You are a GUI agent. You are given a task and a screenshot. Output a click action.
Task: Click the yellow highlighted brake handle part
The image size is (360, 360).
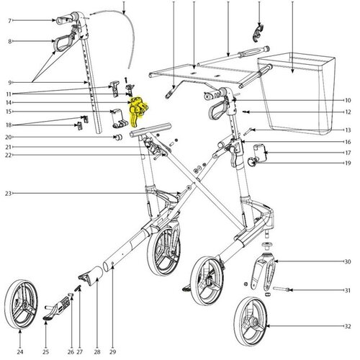137,109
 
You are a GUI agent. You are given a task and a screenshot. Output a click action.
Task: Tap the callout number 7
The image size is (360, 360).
9,21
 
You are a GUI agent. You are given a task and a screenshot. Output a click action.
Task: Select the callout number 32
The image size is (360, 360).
348,326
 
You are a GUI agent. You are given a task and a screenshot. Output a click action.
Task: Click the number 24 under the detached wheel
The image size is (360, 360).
20,352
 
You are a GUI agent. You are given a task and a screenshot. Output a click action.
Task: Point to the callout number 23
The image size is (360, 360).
9,193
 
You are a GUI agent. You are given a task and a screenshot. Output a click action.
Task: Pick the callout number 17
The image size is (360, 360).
348,153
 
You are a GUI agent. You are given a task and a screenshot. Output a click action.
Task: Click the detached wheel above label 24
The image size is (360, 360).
21,305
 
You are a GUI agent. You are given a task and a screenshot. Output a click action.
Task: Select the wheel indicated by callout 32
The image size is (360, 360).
250,321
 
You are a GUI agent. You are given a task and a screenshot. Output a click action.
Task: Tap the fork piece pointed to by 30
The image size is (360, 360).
264,271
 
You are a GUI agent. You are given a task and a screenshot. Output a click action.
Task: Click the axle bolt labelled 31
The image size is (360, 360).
282,289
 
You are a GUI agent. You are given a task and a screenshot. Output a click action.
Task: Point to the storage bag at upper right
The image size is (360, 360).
296,94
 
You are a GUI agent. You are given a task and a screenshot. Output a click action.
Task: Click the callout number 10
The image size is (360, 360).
348,100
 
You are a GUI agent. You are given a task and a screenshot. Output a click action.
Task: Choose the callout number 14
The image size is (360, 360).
9,103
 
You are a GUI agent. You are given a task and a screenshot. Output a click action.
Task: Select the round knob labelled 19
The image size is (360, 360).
252,161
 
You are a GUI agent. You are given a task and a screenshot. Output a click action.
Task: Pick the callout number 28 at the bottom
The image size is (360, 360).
97,352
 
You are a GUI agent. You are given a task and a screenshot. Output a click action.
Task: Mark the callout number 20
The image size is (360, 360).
9,137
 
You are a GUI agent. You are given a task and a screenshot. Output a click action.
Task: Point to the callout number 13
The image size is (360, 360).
348,130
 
